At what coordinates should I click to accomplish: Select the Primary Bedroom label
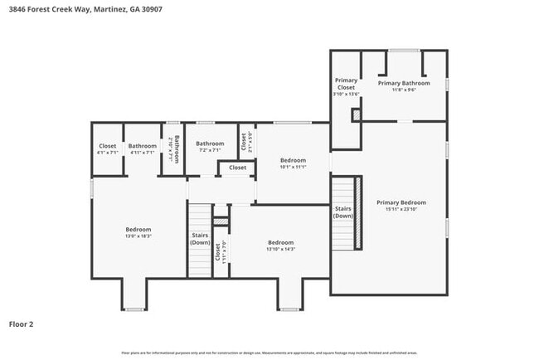[401, 202]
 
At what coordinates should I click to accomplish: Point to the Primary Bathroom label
[404, 83]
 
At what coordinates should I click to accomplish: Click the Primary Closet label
[346, 83]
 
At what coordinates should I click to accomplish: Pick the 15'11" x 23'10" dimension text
[401, 209]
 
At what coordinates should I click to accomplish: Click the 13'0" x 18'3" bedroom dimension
[138, 236]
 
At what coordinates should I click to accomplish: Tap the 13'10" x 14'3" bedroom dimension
[281, 249]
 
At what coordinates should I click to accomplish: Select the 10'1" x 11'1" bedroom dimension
[293, 167]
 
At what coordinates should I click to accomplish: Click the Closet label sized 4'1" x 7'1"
[108, 146]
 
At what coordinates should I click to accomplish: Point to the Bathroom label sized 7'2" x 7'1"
[210, 144]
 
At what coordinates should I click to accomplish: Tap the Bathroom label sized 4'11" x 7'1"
[142, 146]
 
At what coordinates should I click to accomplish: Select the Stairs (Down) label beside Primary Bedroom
[343, 212]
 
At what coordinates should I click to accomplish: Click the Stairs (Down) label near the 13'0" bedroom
[200, 238]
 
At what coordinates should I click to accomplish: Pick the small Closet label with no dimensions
[238, 168]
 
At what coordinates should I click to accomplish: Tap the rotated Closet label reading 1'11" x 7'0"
[220, 252]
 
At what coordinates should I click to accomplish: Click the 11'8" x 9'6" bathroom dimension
[404, 90]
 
